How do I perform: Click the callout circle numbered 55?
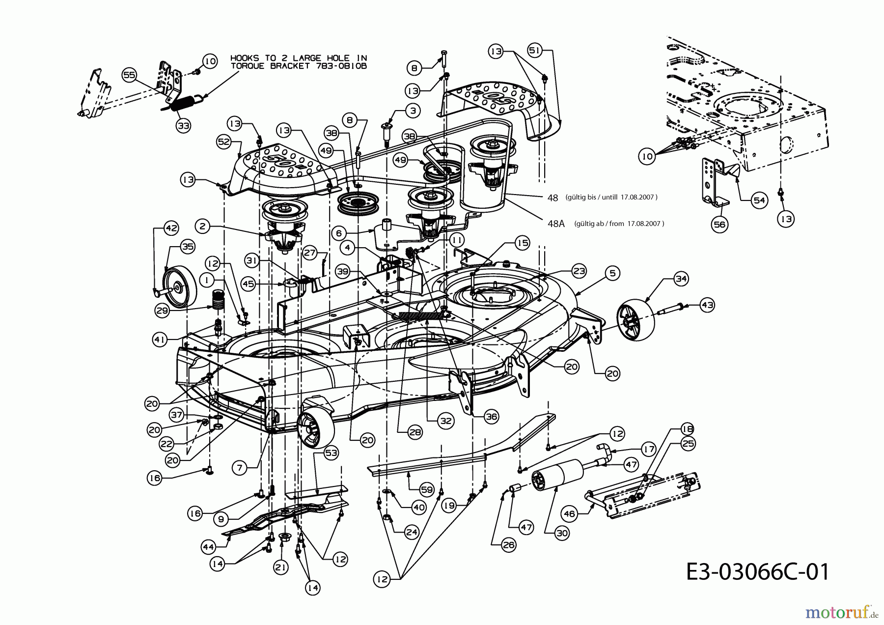[x=129, y=75]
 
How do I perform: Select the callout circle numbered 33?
[x=183, y=126]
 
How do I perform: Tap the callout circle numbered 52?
[x=224, y=142]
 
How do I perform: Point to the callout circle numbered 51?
[x=535, y=50]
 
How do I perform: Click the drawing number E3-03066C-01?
[x=757, y=572]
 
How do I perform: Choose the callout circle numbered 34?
[x=681, y=279]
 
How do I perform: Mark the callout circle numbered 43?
[x=707, y=305]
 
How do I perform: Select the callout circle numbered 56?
[x=720, y=225]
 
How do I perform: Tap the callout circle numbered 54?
[x=759, y=200]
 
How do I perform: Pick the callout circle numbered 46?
[x=569, y=514]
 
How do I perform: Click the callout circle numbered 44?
[x=209, y=546]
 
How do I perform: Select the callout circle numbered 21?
[x=280, y=568]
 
